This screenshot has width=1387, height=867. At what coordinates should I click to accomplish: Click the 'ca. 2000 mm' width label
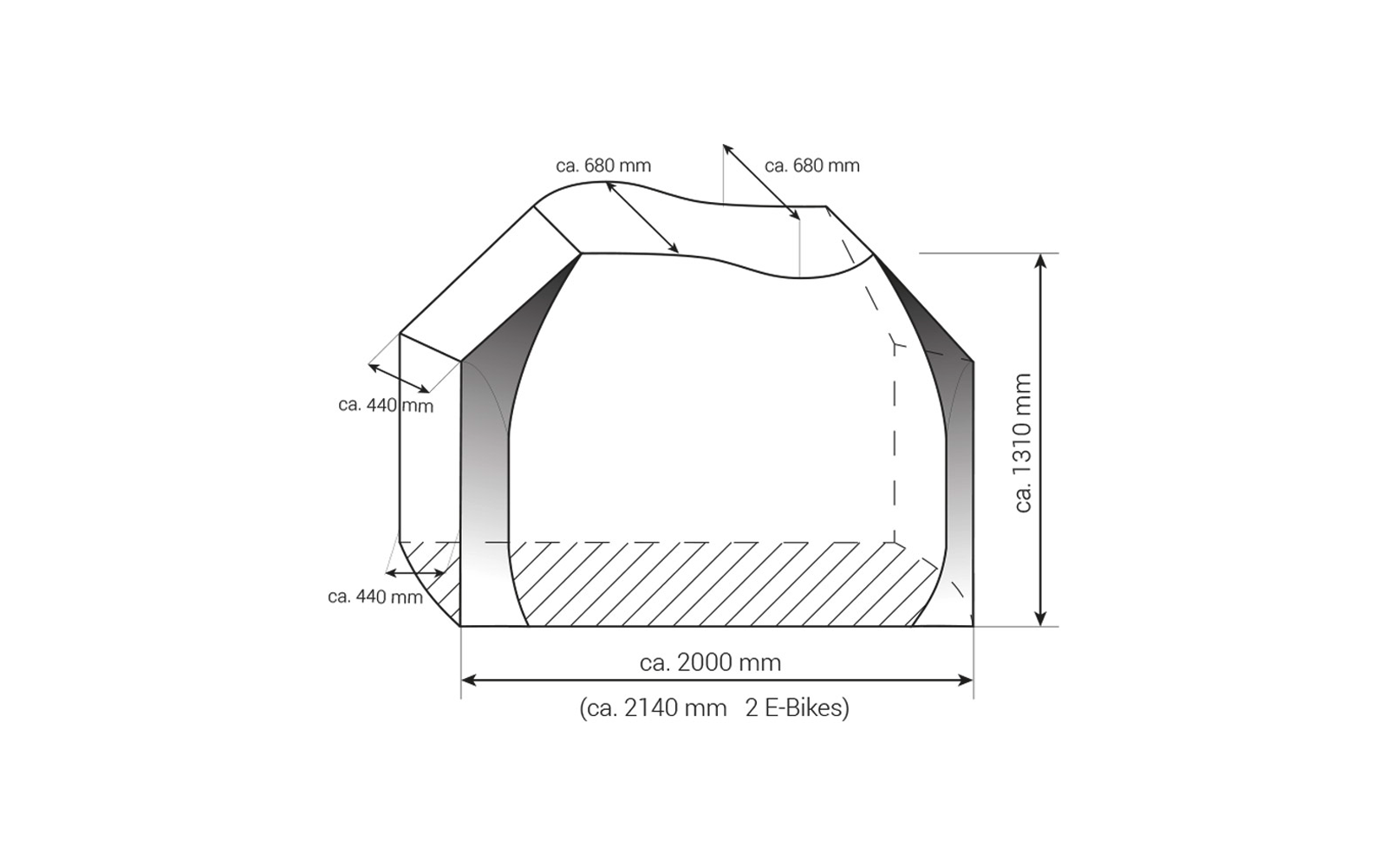pos(710,662)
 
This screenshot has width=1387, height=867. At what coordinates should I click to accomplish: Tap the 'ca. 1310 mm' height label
pos(1023,442)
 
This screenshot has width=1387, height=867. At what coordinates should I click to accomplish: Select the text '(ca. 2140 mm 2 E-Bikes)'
pos(713,708)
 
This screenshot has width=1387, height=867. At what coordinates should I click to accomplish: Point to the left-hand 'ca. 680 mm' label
pos(603,166)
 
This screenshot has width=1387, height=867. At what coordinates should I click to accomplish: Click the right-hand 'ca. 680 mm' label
pos(812,166)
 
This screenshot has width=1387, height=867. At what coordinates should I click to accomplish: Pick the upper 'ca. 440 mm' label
pos(385,405)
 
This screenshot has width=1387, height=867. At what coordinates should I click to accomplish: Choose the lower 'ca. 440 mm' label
pos(375,596)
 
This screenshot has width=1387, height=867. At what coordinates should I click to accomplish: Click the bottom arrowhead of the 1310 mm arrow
pos(1042,618)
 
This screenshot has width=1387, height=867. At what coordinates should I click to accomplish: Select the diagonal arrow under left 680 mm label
pos(642,218)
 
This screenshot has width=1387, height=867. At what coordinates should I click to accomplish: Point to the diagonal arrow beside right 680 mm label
pos(761,182)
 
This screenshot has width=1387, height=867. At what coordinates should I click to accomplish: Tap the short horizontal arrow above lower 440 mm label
pos(415,573)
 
